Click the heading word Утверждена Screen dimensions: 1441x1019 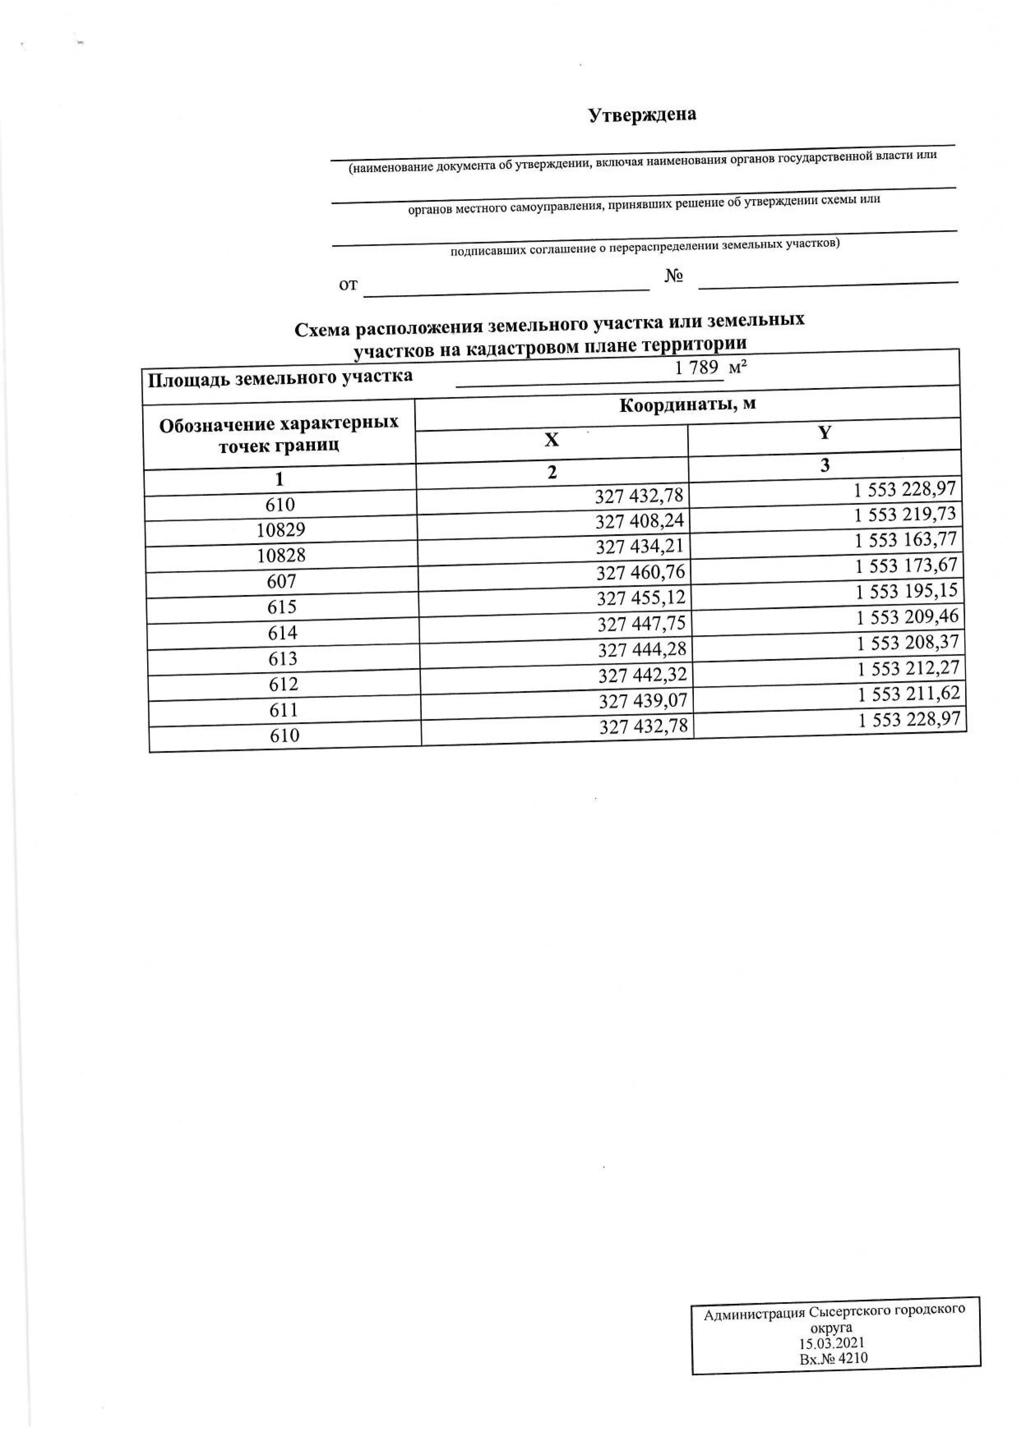pos(642,115)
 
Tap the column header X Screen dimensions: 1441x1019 pos(551,440)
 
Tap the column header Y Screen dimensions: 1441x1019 pos(825,433)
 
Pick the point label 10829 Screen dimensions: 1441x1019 pos(281,530)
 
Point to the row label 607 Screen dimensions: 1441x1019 pos(281,581)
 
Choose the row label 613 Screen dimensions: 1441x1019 pos(282,658)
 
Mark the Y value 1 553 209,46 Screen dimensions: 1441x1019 pos(907,616)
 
